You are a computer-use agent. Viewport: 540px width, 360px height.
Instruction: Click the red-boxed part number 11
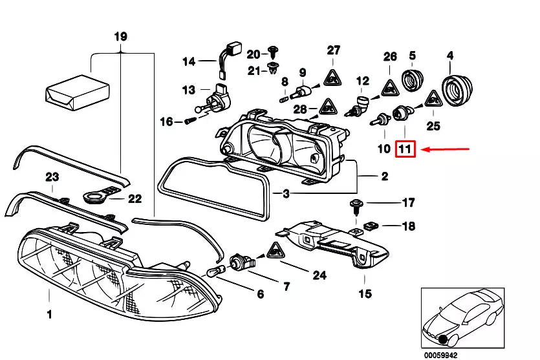pos(405,150)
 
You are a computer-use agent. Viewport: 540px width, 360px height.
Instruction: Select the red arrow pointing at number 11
pos(446,150)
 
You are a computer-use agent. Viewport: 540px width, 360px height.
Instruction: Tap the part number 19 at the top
pos(121,36)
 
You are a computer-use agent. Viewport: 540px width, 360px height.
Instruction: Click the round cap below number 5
pos(411,81)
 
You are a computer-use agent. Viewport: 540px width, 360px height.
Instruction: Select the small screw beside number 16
pos(189,121)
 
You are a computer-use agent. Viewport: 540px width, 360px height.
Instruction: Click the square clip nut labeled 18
pos(370,226)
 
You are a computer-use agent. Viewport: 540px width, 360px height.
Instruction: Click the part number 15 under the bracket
pos(365,294)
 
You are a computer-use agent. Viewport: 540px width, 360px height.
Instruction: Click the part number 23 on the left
pos(52,177)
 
